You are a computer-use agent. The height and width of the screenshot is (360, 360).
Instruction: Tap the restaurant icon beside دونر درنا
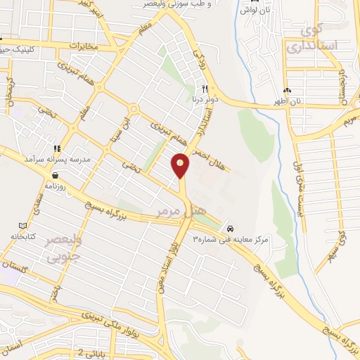point(205,89)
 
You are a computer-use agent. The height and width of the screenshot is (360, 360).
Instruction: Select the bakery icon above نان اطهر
point(287,91)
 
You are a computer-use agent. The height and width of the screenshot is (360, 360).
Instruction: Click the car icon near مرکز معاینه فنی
point(230,229)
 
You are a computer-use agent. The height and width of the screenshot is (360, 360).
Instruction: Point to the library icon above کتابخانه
point(23,226)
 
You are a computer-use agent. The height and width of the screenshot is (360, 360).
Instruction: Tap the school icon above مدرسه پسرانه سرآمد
point(56,148)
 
